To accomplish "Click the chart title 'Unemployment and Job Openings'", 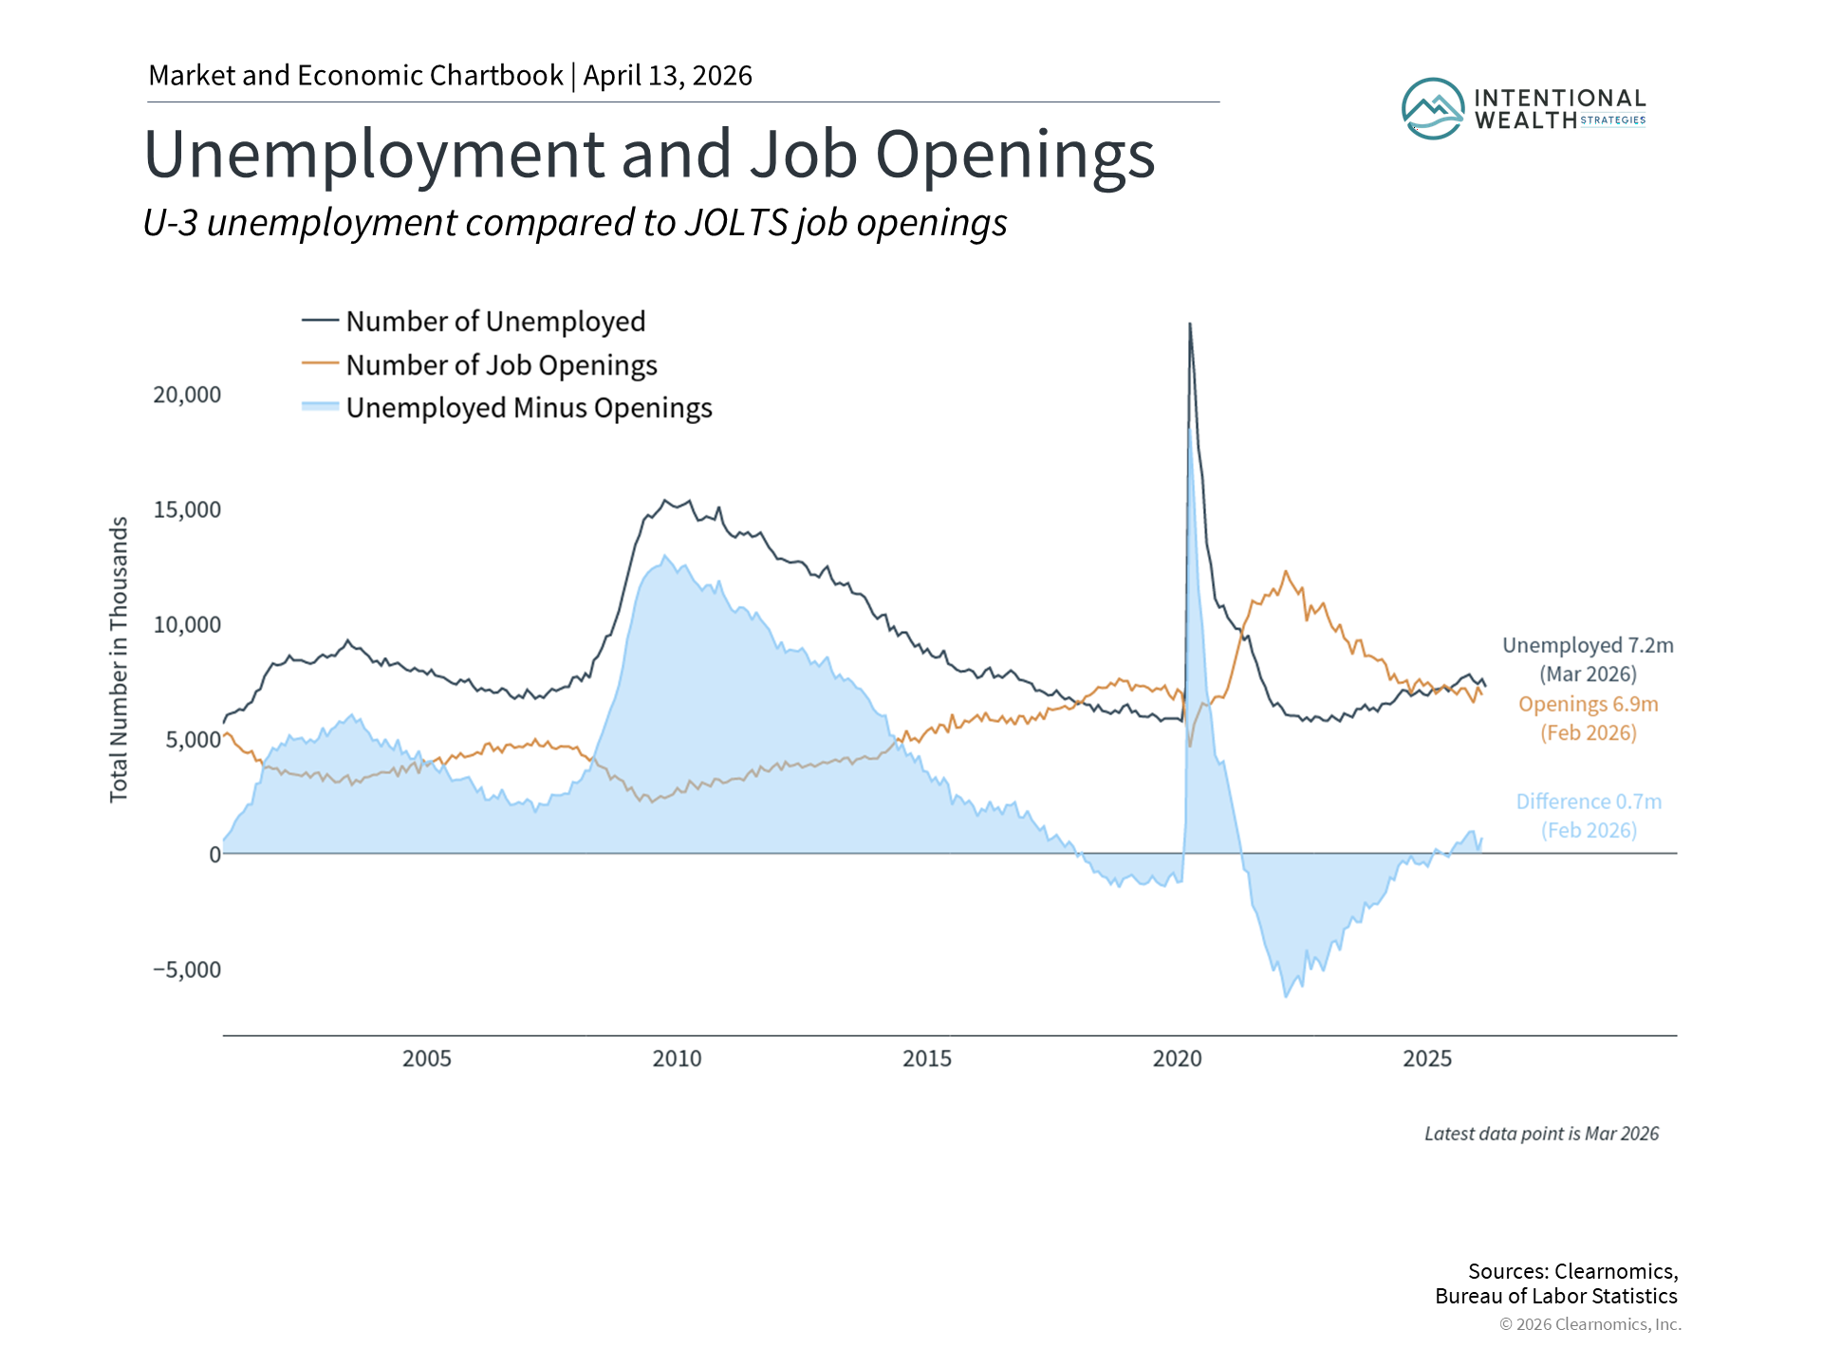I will point(649,154).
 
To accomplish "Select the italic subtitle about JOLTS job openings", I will point(574,223).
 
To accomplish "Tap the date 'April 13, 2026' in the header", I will point(667,76).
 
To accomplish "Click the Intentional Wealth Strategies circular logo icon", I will point(1432,109).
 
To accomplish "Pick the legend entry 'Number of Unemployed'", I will point(494,322).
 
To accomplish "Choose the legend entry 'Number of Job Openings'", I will point(501,365).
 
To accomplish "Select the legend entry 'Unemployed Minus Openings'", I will point(529,408).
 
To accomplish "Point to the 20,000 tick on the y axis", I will point(187,395).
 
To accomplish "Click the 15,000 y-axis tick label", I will point(187,509).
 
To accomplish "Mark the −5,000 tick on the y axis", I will point(187,969).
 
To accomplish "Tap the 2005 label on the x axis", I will point(426,1059).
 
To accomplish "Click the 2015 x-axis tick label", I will point(926,1059).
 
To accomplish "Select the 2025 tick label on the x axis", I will point(1426,1059).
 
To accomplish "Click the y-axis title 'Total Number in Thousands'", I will point(119,659).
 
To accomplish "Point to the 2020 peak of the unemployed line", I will point(1190,324).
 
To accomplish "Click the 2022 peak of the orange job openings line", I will point(1286,571).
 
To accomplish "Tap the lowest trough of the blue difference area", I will point(1286,996).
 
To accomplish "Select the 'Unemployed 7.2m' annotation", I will point(1588,646).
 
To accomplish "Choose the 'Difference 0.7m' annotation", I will point(1589,802).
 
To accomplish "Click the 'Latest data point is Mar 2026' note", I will point(1541,1134).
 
